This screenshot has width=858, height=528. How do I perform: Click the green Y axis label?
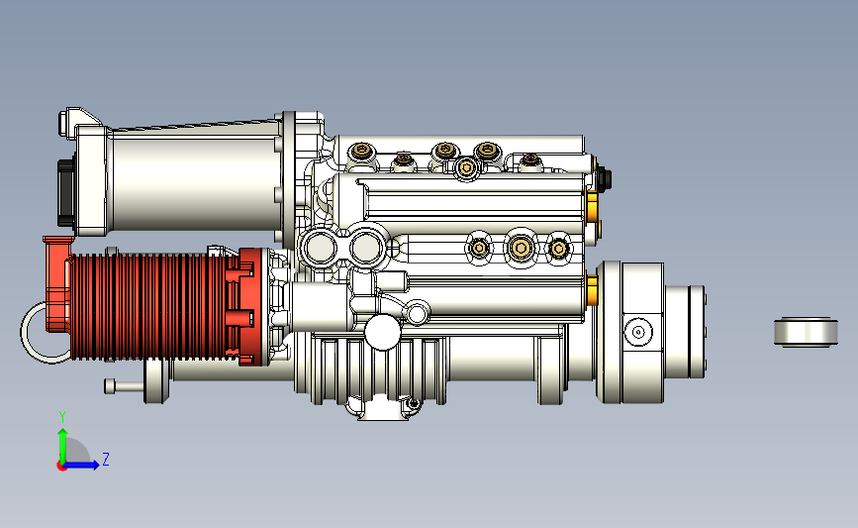[x=62, y=417]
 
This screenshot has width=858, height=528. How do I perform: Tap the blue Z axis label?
[x=106, y=459]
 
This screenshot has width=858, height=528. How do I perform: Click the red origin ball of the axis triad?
[x=61, y=467]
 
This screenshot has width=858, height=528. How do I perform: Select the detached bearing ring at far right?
[x=806, y=332]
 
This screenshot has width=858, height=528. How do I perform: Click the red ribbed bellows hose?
[x=147, y=306]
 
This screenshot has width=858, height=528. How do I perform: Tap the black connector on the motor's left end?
[x=65, y=192]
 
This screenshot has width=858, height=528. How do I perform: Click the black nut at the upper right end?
[x=603, y=178]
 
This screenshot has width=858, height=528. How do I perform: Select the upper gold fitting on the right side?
[x=591, y=205]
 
